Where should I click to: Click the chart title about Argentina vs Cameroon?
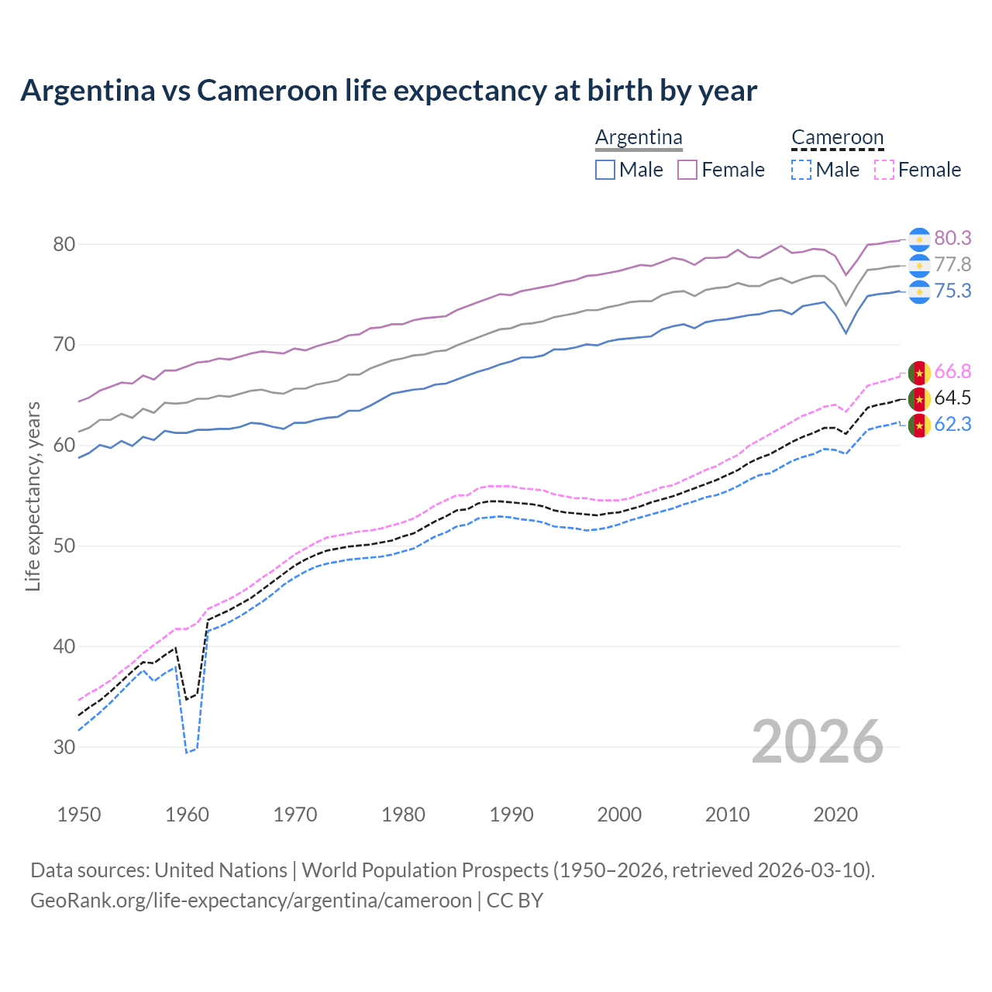point(388,91)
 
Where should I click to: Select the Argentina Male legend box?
point(605,170)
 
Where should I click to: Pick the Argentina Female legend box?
point(687,170)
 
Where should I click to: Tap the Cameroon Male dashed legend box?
point(801,170)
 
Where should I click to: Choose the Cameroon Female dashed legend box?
point(883,170)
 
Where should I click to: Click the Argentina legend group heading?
point(639,138)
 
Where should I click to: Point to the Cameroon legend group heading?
point(837,138)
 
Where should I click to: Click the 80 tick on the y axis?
point(64,244)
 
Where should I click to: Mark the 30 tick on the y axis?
point(64,747)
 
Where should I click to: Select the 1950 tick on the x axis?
point(79,815)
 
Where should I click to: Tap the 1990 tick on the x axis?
point(511,815)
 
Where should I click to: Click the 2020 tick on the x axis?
point(835,815)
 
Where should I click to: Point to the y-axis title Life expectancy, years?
point(33,496)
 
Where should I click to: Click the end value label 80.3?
point(952,238)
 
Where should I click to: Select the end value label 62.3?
point(952,424)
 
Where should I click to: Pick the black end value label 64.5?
point(952,398)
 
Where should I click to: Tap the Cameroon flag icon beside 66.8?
point(919,373)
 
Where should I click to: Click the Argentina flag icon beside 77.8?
point(919,265)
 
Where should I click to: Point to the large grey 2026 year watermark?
point(818,742)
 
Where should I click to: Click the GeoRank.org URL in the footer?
point(251,901)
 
